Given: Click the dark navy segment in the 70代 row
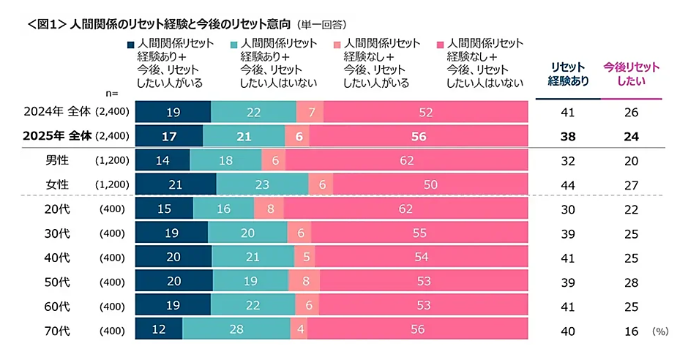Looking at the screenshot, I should coord(159,330).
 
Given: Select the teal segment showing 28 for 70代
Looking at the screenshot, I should coord(236,330).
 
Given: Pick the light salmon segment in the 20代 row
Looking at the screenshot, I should coord(269,209).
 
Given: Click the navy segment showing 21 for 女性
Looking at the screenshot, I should coord(176,184).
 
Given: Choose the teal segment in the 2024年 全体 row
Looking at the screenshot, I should coord(253,112).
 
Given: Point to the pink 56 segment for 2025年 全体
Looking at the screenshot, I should coord(419,135).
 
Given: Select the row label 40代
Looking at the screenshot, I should coord(56,258).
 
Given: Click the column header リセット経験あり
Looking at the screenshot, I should coord(569,74).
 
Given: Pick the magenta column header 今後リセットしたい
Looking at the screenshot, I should coord(631,74).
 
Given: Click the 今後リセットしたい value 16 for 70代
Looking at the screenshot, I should coord(632,330).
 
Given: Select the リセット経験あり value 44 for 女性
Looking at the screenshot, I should coord(567,184).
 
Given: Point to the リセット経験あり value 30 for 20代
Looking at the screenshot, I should coord(567,209).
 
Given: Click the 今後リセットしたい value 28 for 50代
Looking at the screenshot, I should coord(632,282).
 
